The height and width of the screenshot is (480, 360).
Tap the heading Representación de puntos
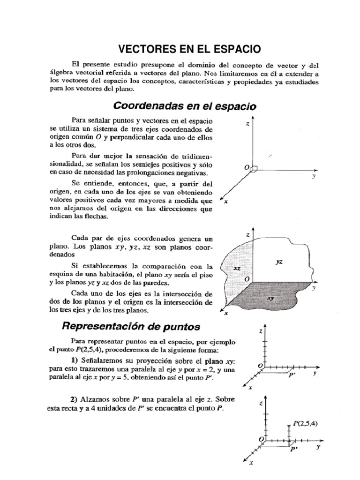click(x=131, y=325)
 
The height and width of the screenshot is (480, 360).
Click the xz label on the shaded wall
click(x=237, y=269)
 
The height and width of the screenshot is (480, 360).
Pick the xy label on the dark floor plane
click(x=270, y=298)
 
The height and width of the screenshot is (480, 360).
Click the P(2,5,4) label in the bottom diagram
click(x=306, y=423)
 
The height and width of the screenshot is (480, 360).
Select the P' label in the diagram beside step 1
click(x=292, y=375)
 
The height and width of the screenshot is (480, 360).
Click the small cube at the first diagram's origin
click(x=254, y=169)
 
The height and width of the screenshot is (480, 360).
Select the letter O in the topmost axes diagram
click(x=246, y=167)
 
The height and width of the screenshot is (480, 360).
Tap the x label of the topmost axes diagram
click(x=226, y=202)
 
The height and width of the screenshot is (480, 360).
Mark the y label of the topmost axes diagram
click(x=313, y=177)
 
